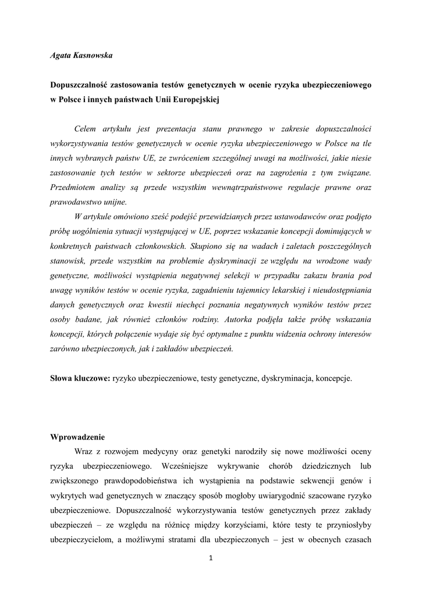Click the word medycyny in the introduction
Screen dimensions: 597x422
coord(165,451)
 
